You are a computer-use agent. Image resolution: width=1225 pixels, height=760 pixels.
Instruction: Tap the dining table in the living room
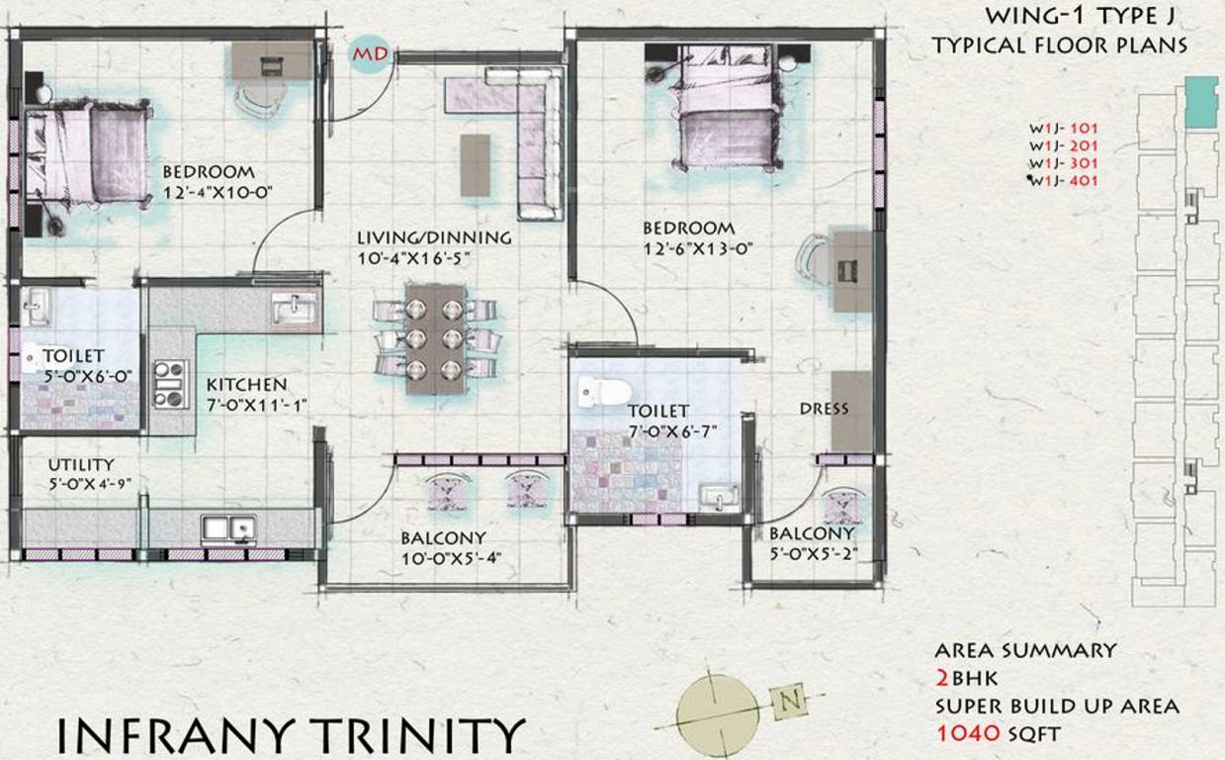click(x=435, y=338)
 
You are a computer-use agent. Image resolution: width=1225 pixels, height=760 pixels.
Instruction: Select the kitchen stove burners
click(x=171, y=384)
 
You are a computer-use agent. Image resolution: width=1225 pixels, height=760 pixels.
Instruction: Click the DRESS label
click(x=824, y=409)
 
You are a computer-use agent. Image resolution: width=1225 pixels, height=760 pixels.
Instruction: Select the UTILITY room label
click(x=81, y=464)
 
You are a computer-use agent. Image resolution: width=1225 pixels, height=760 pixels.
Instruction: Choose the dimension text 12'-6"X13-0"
click(x=691, y=249)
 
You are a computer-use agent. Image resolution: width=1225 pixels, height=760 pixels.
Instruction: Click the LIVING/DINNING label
click(x=434, y=237)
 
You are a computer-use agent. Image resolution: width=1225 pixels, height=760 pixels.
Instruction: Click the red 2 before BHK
click(x=943, y=678)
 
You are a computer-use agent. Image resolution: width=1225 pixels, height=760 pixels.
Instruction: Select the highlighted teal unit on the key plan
click(x=1201, y=100)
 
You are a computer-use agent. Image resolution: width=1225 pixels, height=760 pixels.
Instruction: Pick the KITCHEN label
click(x=246, y=384)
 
